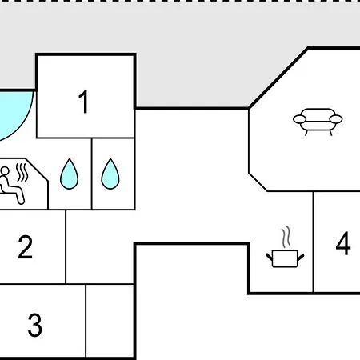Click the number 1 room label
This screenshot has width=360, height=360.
click(x=84, y=102)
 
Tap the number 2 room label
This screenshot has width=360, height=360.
click(x=26, y=247)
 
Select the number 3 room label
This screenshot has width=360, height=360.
click(x=35, y=325)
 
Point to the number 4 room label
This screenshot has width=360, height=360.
click(x=343, y=243)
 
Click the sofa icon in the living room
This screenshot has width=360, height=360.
click(x=318, y=122)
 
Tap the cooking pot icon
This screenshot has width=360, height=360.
click(x=285, y=258)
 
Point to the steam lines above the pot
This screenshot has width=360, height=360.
click(x=286, y=237)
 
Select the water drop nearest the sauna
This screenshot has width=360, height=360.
click(x=70, y=174)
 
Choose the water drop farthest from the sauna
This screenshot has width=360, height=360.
click(x=110, y=174)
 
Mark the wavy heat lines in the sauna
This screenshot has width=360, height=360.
click(x=22, y=172)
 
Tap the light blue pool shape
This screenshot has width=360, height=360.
click(x=14, y=114)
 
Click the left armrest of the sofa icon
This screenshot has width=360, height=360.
click(x=299, y=119)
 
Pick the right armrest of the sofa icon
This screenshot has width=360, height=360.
click(x=336, y=119)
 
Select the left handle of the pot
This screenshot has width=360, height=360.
click(x=270, y=257)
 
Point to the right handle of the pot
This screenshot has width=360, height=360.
click(x=301, y=257)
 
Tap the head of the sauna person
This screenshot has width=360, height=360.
click(x=5, y=171)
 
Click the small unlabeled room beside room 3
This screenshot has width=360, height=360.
click(x=110, y=321)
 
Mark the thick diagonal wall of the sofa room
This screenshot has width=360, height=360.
click(x=278, y=78)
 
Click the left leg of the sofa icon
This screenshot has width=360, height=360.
click(x=306, y=133)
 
